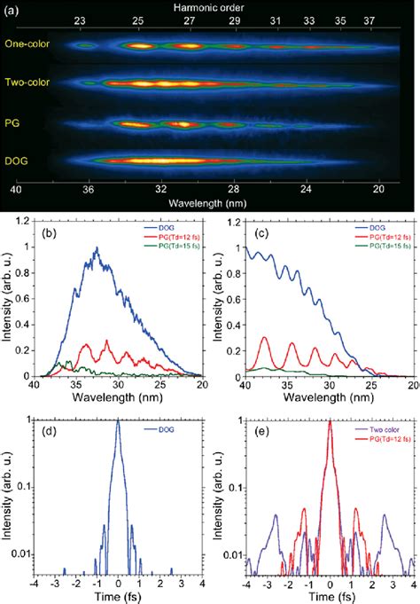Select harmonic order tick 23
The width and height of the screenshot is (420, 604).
(80, 19)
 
